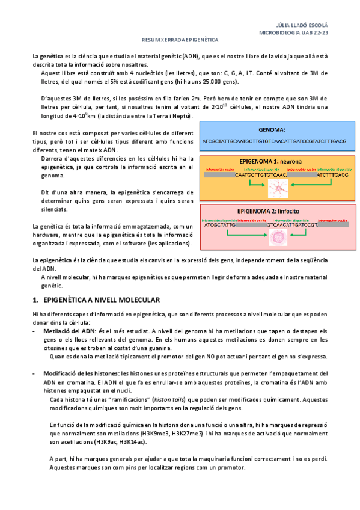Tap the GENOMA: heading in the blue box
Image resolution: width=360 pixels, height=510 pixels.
[272, 129]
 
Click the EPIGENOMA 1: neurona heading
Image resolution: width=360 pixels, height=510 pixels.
[270, 162]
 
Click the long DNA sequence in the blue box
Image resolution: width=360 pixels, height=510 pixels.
[274, 141]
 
